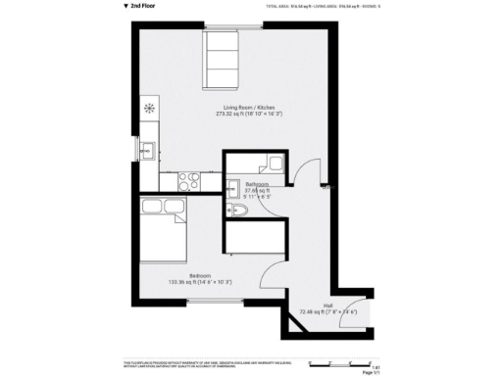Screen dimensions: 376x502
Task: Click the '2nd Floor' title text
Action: point(143,5)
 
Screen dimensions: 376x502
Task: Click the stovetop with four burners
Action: point(185,181)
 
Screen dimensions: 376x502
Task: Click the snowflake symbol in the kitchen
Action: point(149,107)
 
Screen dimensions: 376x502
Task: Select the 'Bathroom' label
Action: point(258,184)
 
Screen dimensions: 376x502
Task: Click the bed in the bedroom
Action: point(162,234)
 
